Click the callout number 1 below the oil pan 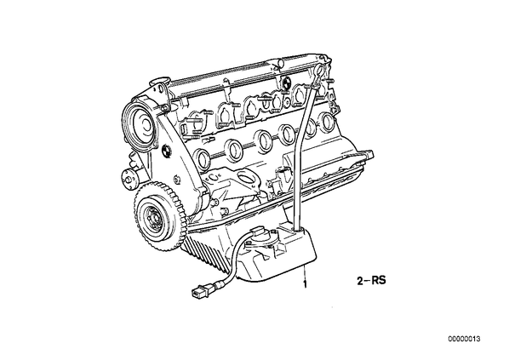click(305, 284)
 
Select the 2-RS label click(372, 281)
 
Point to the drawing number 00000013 click(464, 340)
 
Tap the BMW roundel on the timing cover click(166, 151)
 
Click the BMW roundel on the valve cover click(288, 82)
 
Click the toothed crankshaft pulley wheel click(158, 217)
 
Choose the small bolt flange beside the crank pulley click(129, 178)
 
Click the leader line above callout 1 click(305, 272)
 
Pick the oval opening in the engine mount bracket click(246, 177)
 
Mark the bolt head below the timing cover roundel click(176, 180)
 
